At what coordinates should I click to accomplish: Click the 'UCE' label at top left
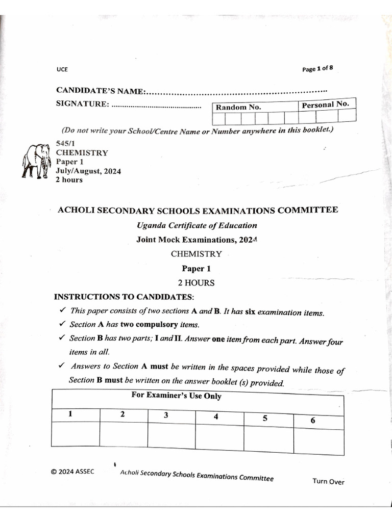[62, 70]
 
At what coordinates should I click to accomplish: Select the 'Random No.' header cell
[238, 107]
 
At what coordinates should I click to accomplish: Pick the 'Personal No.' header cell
[325, 105]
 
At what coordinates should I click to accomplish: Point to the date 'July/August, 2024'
[88, 171]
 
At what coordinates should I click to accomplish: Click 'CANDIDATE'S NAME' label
[101, 91]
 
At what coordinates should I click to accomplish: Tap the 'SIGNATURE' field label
[82, 104]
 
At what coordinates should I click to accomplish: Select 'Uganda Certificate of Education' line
[197, 225]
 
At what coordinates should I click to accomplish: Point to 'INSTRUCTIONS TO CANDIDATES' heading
[124, 297]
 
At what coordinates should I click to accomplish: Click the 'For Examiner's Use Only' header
[176, 396]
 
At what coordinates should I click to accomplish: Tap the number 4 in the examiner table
[216, 416]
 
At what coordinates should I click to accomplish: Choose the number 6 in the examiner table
[313, 420]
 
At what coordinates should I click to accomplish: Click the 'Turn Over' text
[329, 482]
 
